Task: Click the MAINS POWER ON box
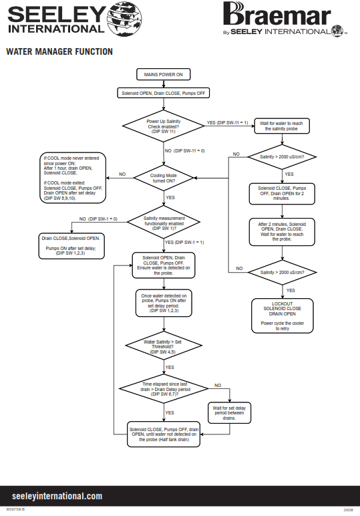(x=164, y=74)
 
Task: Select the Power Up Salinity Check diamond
(x=164, y=126)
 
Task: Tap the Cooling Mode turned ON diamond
(x=164, y=178)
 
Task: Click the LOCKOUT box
(x=282, y=315)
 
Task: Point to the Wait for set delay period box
(x=229, y=412)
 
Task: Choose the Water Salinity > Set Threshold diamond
(x=164, y=346)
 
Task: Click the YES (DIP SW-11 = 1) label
(x=227, y=123)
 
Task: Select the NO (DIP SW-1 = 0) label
(x=98, y=219)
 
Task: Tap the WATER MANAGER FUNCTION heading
(x=59, y=51)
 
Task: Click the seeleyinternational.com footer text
(x=57, y=496)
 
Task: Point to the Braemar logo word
(x=277, y=14)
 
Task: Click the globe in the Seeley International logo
(x=124, y=19)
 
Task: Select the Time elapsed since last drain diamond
(x=164, y=388)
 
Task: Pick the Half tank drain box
(x=164, y=434)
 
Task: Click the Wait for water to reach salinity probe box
(x=282, y=126)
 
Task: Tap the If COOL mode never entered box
(x=73, y=178)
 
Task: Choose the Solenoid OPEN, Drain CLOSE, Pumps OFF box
(x=164, y=93)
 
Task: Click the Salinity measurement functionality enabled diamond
(x=164, y=223)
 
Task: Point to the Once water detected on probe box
(x=164, y=303)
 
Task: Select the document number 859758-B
(x=15, y=509)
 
